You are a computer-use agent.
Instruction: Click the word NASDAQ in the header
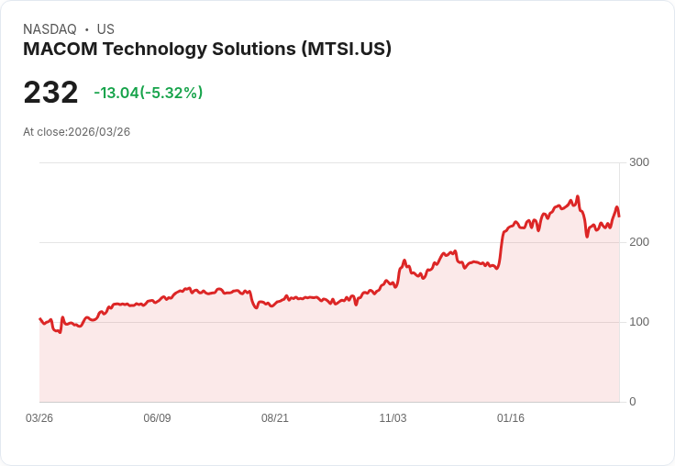point(50,29)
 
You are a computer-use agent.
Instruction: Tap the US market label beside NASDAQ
point(105,29)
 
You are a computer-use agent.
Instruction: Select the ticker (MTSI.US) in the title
point(346,50)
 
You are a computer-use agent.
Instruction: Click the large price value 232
point(50,93)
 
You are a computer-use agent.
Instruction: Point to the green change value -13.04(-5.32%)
point(149,93)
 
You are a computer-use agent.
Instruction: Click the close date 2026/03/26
point(99,132)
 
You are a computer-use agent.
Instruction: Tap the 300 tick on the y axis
point(639,162)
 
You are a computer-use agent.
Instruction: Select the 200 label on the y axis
point(639,242)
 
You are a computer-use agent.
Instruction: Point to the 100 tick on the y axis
point(639,322)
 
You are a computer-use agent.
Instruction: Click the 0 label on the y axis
point(633,402)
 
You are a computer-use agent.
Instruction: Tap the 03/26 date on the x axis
point(39,418)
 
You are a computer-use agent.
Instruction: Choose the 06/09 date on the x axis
point(157,418)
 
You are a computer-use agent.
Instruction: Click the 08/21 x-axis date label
point(275,418)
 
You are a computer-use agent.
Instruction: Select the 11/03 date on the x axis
point(393,418)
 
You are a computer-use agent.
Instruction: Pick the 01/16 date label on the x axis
point(511,418)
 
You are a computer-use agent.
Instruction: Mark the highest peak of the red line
point(577,196)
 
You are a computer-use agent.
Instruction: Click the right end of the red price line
point(619,216)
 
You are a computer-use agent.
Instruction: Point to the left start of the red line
point(39,318)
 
